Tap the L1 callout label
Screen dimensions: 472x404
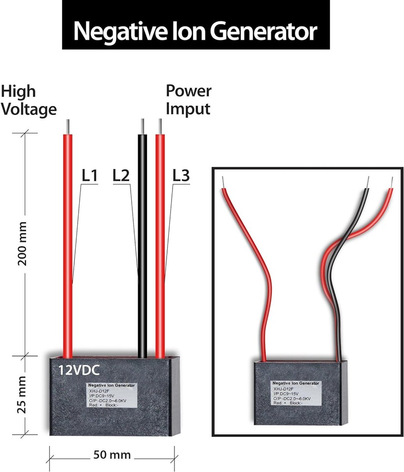tap(89, 175)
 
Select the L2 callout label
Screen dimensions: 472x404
tap(121, 175)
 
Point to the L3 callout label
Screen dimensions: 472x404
tap(181, 175)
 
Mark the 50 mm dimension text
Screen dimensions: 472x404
tap(112, 455)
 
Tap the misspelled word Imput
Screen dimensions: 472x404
tap(188, 108)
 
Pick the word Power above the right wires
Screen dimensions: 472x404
tap(189, 91)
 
